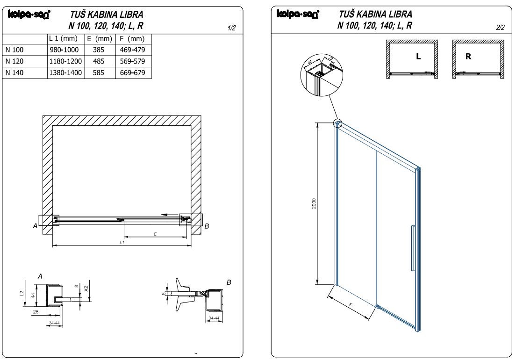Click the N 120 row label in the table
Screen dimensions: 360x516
[14, 61]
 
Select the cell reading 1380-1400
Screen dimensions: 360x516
[65, 73]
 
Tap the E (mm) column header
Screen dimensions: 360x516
[99, 39]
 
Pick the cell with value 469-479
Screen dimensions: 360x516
[132, 50]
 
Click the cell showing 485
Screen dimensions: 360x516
[99, 61]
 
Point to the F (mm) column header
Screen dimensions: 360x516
[132, 39]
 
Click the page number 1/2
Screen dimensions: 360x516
[231, 29]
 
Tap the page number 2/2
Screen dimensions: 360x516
[500, 28]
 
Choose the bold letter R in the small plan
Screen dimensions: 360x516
[468, 57]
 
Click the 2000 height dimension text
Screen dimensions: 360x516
[315, 203]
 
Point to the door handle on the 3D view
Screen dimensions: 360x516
[412, 248]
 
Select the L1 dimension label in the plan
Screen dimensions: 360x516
[122, 243]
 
